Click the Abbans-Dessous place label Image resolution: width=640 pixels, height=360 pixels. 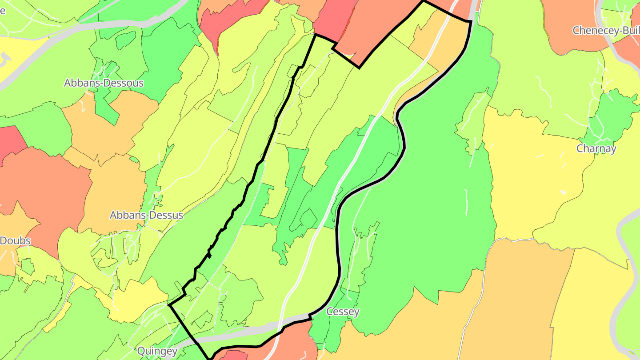[104, 83]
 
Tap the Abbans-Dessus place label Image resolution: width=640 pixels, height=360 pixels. [146, 215]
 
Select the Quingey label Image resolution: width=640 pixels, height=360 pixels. [157, 351]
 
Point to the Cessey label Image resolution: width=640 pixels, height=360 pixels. [343, 312]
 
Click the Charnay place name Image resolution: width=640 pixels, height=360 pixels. [596, 148]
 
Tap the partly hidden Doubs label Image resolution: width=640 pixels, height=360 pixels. [15, 241]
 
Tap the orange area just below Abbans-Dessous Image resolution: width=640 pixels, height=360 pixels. [107, 129]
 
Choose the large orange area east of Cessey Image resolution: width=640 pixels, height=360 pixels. [516, 302]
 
